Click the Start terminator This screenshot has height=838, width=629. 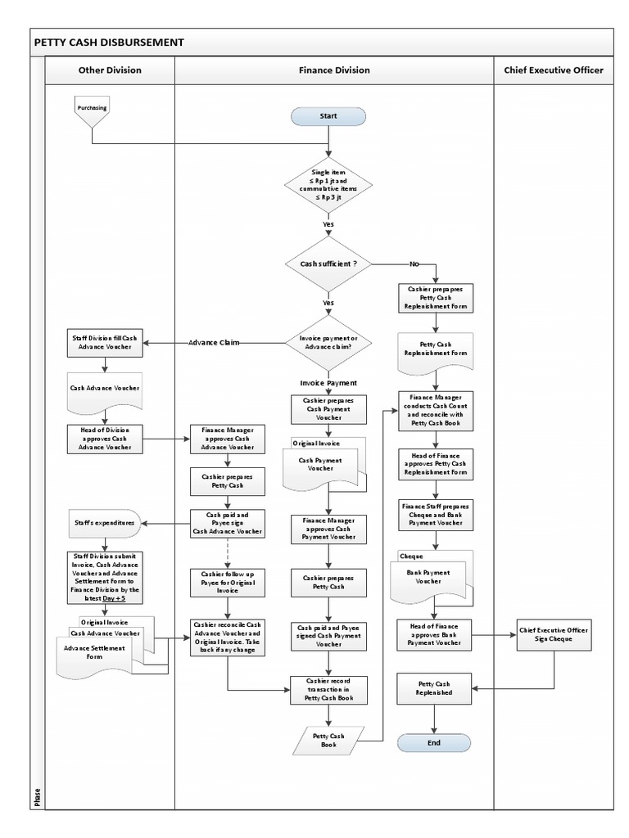328,116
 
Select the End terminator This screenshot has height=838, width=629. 434,742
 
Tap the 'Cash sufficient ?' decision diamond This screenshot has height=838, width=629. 328,264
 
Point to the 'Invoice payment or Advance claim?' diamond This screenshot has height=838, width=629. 328,342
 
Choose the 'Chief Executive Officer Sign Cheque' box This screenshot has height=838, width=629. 554,633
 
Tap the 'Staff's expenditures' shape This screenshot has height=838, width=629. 103,521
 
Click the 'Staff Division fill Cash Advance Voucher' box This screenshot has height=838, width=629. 104,342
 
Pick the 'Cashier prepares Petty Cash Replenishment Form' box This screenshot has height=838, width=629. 435,297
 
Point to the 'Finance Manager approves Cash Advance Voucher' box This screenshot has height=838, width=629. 228,438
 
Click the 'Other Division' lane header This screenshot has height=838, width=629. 110,70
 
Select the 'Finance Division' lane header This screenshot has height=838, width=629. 334,70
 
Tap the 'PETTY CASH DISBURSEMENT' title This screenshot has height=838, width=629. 109,43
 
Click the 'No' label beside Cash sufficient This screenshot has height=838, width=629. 414,264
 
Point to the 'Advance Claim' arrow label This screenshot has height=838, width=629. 214,342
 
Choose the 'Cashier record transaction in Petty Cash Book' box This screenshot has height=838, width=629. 328,689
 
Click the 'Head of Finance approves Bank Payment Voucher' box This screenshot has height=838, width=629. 435,633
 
